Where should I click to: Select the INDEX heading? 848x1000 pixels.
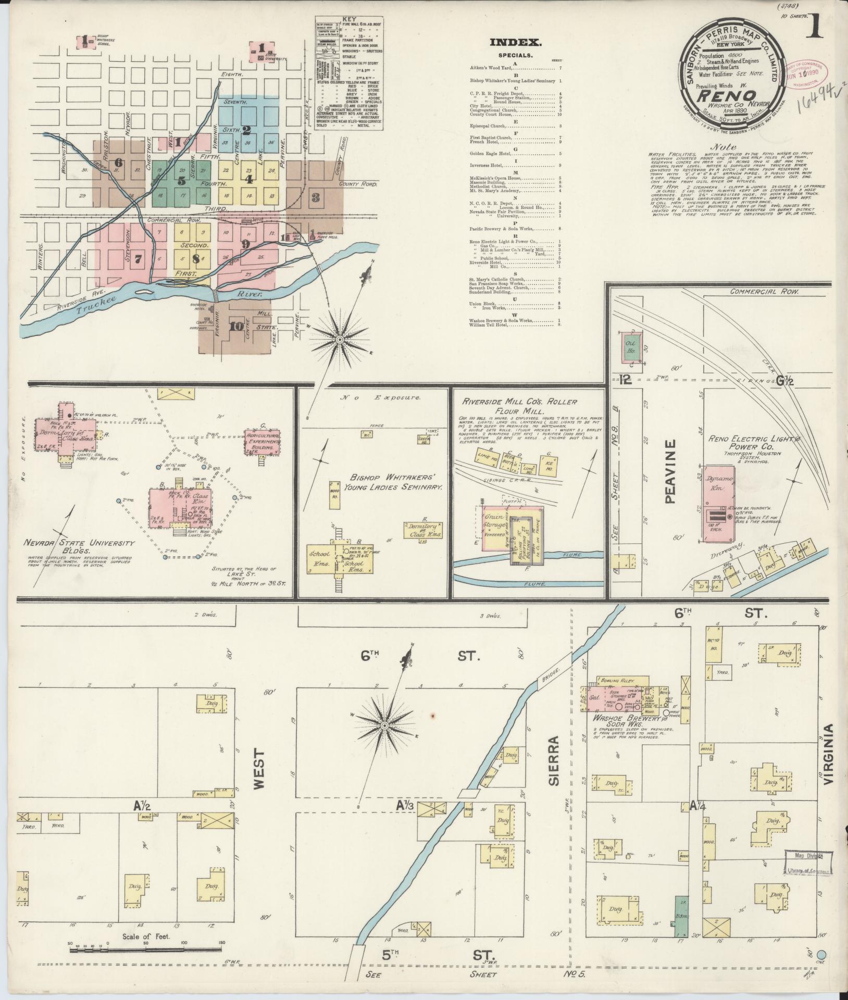pos(515,43)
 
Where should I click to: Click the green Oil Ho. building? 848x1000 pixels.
pos(632,344)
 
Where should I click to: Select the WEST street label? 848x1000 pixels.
pos(259,770)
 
